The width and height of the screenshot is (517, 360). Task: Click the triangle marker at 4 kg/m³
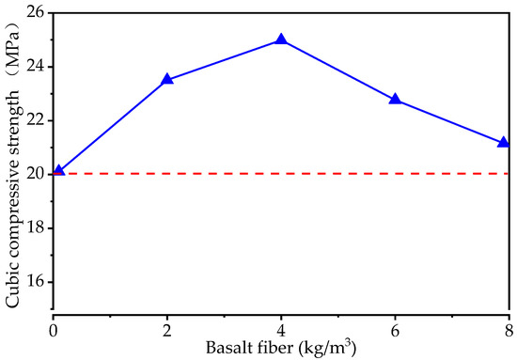click(281, 40)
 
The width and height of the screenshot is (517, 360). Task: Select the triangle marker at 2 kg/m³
click(167, 80)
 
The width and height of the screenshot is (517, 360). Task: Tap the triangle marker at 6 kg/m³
click(395, 99)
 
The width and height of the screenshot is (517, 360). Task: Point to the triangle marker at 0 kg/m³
click(58, 171)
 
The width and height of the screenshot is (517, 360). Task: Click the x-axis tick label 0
click(54, 331)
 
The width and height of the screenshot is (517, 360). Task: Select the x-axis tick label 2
click(167, 331)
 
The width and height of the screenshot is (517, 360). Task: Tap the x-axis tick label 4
click(281, 331)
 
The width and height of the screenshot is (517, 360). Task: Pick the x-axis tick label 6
click(395, 331)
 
